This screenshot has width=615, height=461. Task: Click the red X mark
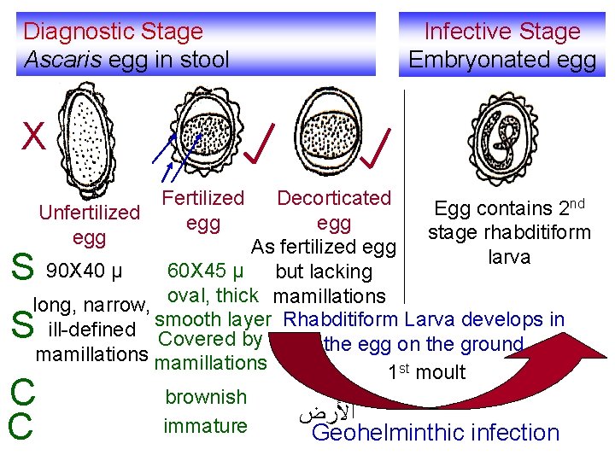[x=33, y=135]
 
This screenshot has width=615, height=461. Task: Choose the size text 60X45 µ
[x=206, y=272]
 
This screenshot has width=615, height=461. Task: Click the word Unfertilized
[x=90, y=212]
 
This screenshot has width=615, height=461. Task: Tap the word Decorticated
[x=334, y=198]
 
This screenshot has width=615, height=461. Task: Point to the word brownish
[x=206, y=397]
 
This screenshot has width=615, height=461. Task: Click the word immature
[x=206, y=425]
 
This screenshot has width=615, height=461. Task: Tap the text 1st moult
[x=426, y=372]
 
